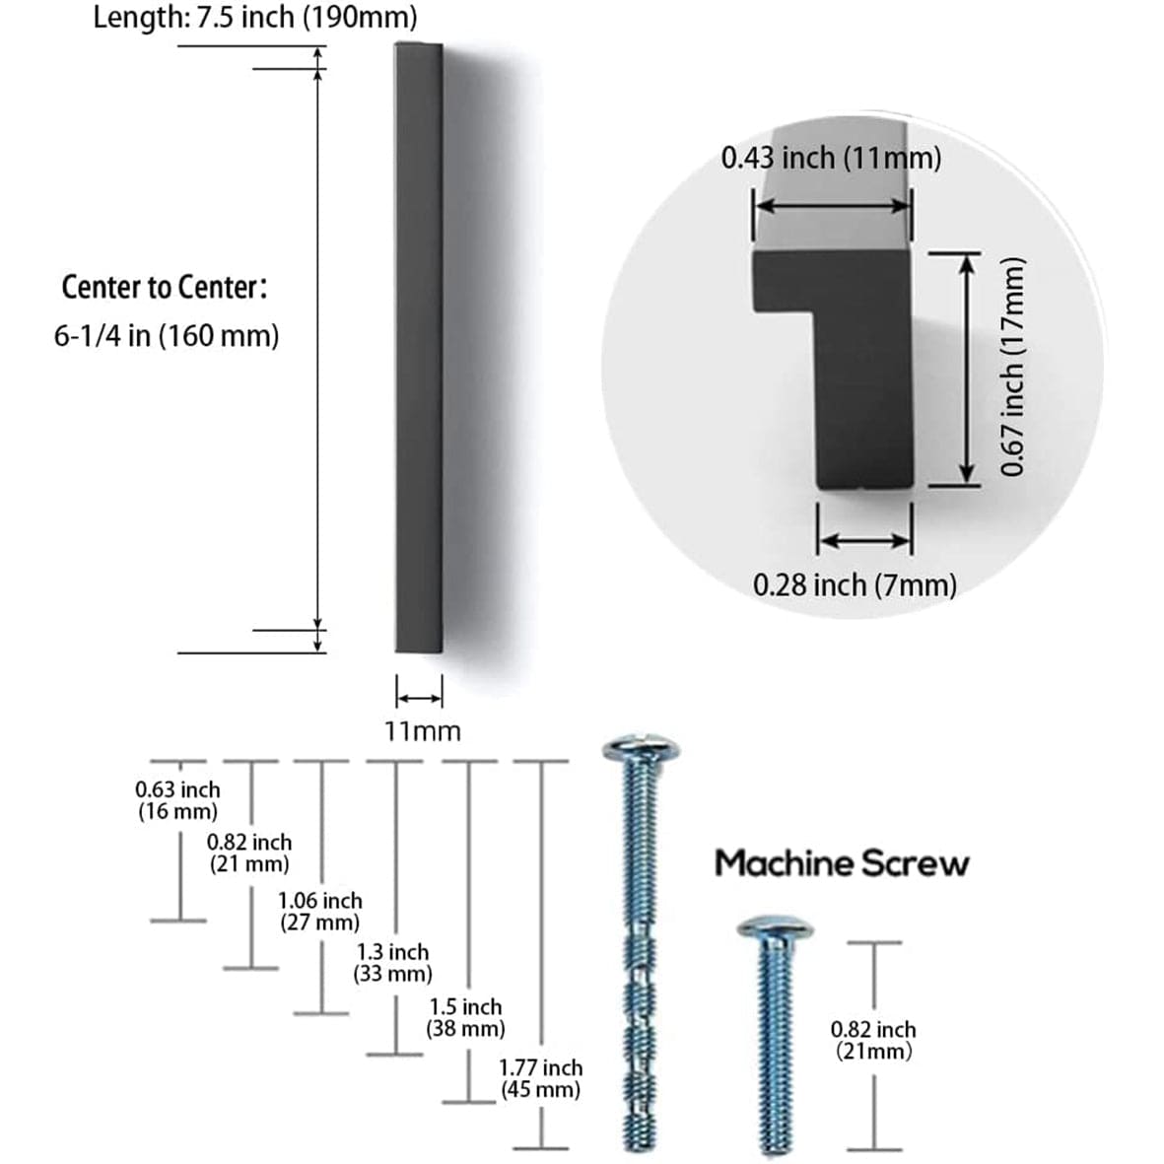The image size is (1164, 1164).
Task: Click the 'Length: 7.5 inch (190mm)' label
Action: tap(254, 18)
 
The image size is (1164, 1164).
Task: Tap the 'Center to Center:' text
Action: tap(164, 288)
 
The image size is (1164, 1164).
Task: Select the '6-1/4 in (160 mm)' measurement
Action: tap(167, 336)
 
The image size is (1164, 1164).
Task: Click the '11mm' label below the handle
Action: tap(422, 731)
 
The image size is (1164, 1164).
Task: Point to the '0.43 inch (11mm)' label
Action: tap(831, 158)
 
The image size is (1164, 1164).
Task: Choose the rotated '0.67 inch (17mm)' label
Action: tap(1014, 367)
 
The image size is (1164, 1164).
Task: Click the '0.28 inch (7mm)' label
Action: tap(855, 584)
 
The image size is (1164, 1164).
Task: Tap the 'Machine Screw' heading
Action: tap(842, 863)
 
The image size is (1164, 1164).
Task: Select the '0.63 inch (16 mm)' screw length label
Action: tap(177, 800)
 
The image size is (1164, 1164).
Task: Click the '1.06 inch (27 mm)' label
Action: tap(320, 912)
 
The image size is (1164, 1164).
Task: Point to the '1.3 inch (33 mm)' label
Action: tap(392, 963)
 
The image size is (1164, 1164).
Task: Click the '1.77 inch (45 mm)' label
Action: tap(540, 1078)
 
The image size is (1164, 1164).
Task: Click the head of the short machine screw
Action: tap(775, 927)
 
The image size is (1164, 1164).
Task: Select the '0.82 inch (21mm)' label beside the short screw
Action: tap(873, 1040)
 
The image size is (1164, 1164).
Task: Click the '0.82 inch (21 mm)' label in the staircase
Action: tap(249, 854)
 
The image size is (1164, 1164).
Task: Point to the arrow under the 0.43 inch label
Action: tap(833, 206)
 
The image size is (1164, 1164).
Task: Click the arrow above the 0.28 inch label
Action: tap(864, 540)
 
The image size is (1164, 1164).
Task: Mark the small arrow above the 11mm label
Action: tap(419, 697)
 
